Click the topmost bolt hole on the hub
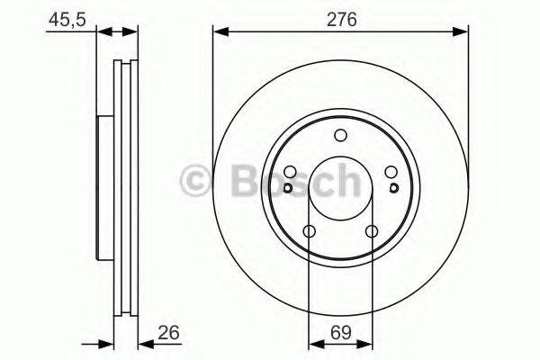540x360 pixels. (340, 137)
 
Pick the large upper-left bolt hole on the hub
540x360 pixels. (290, 174)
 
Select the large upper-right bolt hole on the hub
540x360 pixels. (391, 174)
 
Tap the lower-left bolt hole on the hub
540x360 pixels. (309, 233)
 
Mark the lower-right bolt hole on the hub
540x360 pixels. (372, 233)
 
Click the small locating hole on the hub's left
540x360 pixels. (287, 188)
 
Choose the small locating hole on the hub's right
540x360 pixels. (393, 188)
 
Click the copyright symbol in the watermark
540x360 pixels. (196, 181)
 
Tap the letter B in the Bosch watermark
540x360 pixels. (237, 181)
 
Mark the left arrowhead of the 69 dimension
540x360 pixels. (314, 344)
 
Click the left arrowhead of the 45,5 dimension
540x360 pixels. (101, 32)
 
